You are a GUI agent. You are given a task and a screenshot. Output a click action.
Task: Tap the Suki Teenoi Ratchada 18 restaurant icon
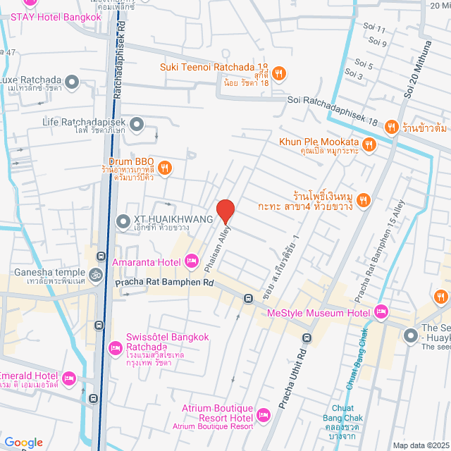pyautogui.click(x=280, y=73)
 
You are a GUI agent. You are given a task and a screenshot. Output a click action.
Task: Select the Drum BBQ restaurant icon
pyautogui.click(x=164, y=167)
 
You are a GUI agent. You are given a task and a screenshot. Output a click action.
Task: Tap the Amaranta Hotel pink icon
pyautogui.click(x=191, y=261)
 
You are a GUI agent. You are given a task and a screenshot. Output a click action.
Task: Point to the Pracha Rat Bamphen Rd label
pyautogui.click(x=163, y=283)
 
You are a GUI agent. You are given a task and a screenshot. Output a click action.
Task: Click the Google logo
pyautogui.click(x=23, y=442)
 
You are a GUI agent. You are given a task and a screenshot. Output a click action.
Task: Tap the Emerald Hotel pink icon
pyautogui.click(x=69, y=379)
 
